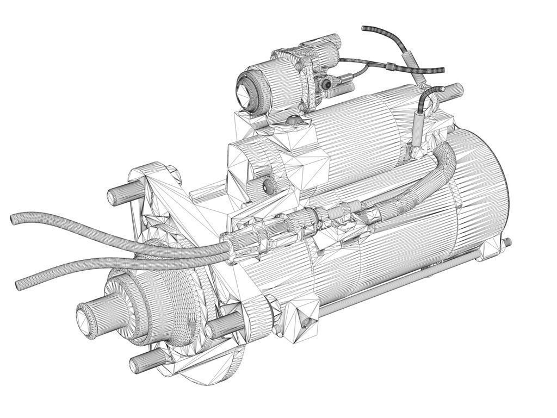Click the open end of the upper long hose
coord(14,220)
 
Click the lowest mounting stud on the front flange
coord(136,365)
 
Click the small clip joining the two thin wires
coord(390,67)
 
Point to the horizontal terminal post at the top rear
coord(454,89)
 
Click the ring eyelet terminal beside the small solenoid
coord(326,83)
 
